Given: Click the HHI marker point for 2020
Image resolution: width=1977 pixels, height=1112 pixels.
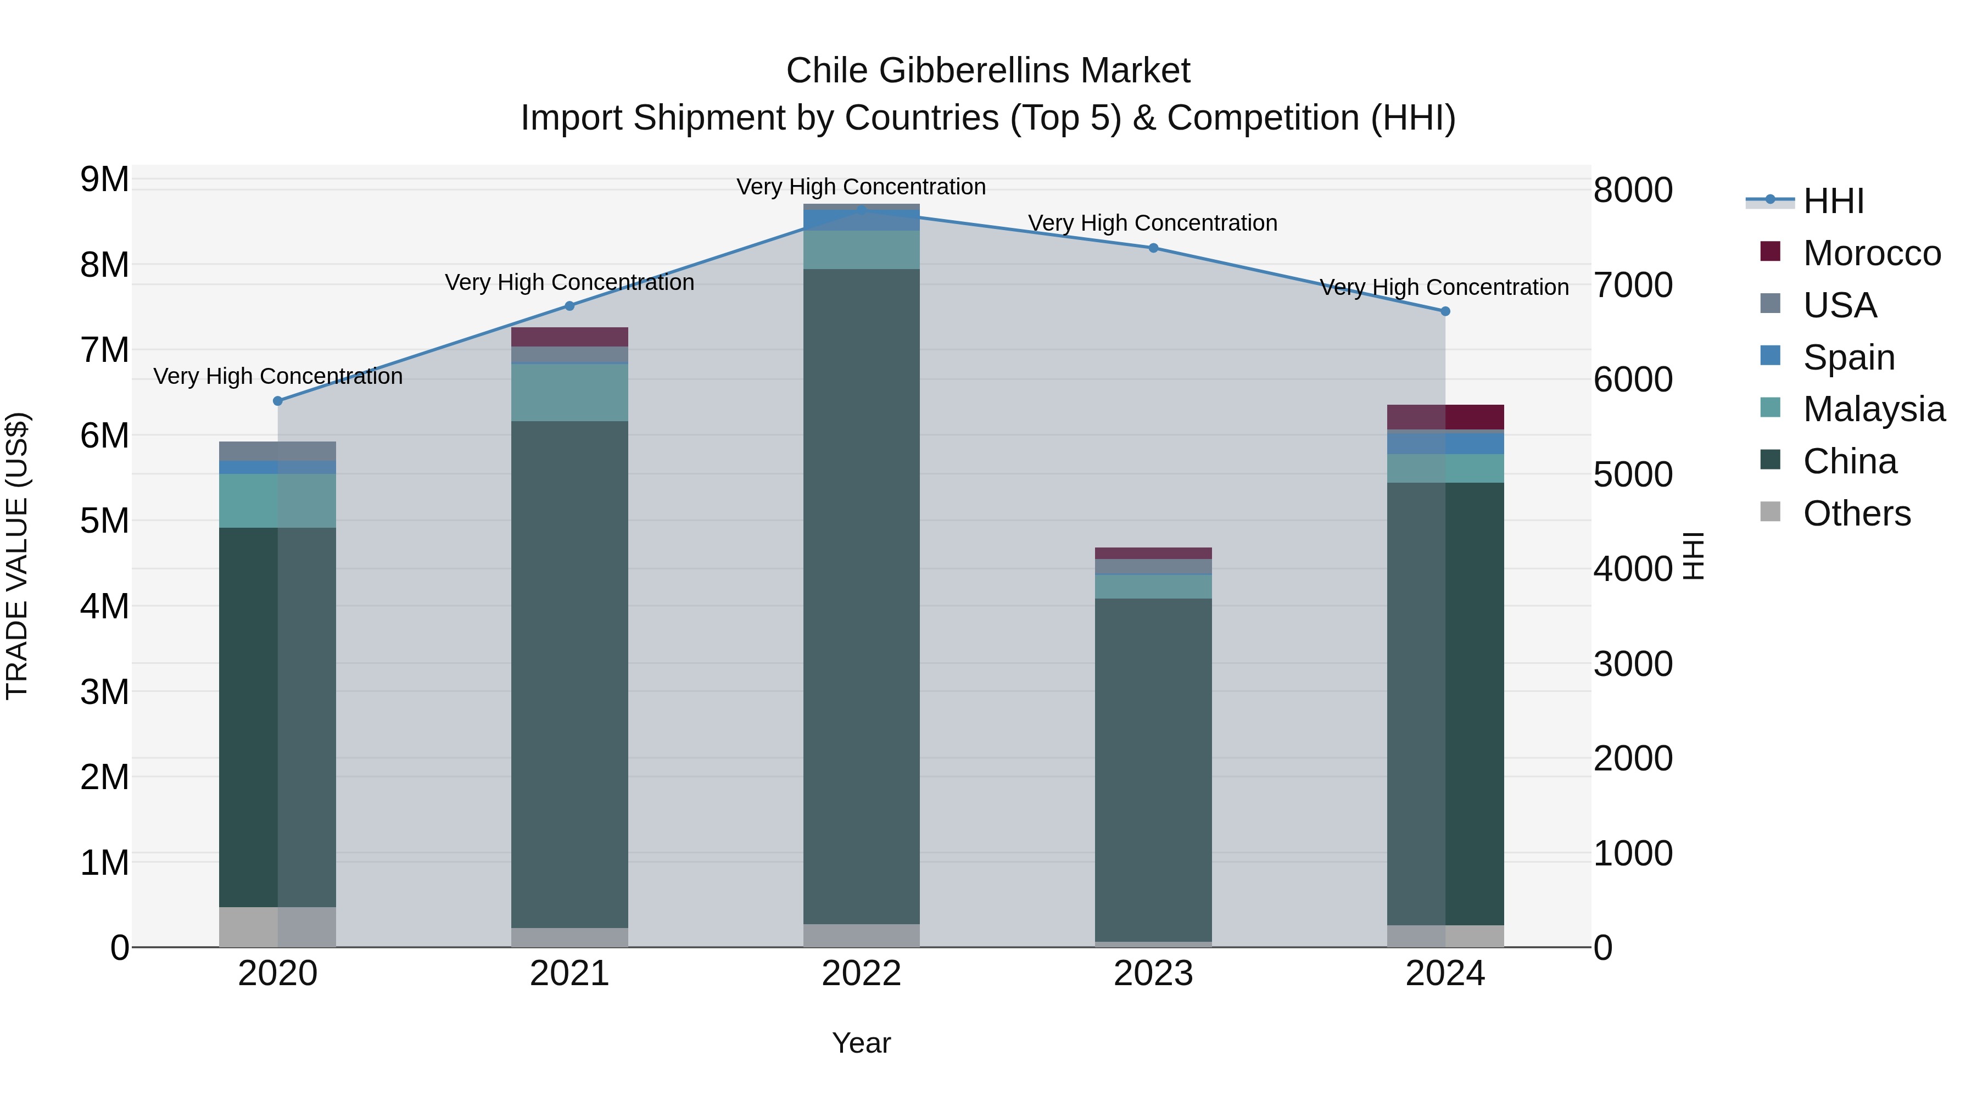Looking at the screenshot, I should click(x=278, y=401).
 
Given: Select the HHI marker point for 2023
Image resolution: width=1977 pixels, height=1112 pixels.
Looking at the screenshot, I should click(x=1153, y=248).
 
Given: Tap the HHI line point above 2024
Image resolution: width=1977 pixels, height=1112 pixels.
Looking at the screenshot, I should click(x=1445, y=311).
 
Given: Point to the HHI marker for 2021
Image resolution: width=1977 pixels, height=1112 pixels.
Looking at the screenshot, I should click(x=569, y=305).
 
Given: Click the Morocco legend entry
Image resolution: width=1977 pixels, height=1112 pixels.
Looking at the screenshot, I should click(x=1871, y=253).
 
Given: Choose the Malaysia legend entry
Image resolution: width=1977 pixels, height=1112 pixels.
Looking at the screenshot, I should click(x=1873, y=409).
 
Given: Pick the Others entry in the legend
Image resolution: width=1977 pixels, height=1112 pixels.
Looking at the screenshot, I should click(x=1857, y=513).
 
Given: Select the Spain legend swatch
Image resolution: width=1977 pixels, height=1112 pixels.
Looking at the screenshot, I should click(x=1770, y=356).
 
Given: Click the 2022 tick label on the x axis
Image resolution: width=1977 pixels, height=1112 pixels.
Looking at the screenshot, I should click(x=861, y=974).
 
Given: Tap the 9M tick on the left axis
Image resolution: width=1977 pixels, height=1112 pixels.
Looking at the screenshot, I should click(x=104, y=180).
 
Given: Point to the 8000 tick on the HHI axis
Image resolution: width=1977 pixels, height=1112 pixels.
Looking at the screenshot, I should click(x=1633, y=191).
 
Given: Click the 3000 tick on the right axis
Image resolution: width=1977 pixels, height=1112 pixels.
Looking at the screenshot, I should click(x=1633, y=664).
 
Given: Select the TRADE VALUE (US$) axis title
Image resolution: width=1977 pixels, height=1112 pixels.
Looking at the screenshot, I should click(x=17, y=556).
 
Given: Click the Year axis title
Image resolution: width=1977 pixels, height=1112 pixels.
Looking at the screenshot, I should click(x=861, y=1043).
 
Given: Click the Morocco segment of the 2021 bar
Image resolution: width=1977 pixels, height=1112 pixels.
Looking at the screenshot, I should click(x=569, y=337).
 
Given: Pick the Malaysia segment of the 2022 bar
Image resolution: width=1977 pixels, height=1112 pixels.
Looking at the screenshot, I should click(x=861, y=249).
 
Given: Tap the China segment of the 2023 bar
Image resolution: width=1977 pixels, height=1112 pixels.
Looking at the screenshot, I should click(x=1153, y=768).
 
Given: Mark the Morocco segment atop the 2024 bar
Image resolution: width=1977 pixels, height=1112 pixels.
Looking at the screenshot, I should click(x=1445, y=417).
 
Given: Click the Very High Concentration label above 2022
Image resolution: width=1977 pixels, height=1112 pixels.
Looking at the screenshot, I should click(x=861, y=187).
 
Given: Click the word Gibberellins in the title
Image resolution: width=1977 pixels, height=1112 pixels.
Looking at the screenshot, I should click(x=974, y=71).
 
